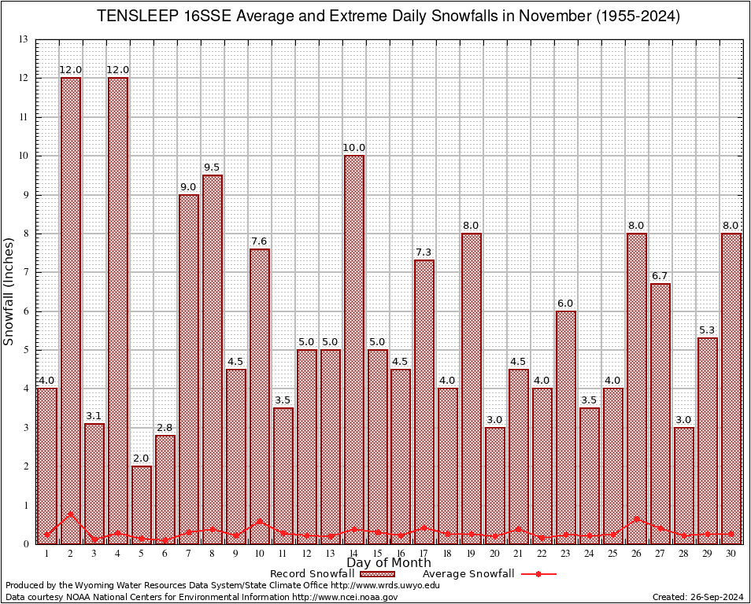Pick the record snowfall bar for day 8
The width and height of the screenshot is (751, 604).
pyautogui.click(x=213, y=358)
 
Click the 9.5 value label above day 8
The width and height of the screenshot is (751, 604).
pyautogui.click(x=213, y=168)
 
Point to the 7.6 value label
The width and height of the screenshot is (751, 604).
pyautogui.click(x=260, y=241)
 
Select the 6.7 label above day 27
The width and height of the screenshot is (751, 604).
pyautogui.click(x=660, y=276)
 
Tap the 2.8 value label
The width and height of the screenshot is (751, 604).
pyautogui.click(x=165, y=428)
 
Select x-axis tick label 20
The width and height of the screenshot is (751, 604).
pyautogui.click(x=495, y=554)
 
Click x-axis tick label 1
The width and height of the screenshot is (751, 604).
pyautogui.click(x=47, y=554)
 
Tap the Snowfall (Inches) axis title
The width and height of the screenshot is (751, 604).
pyautogui.click(x=9, y=292)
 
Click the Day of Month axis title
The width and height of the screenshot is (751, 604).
pyautogui.click(x=388, y=563)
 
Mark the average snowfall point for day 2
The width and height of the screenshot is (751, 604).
pyautogui.click(x=71, y=514)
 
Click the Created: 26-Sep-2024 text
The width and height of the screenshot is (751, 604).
pyautogui.click(x=697, y=598)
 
